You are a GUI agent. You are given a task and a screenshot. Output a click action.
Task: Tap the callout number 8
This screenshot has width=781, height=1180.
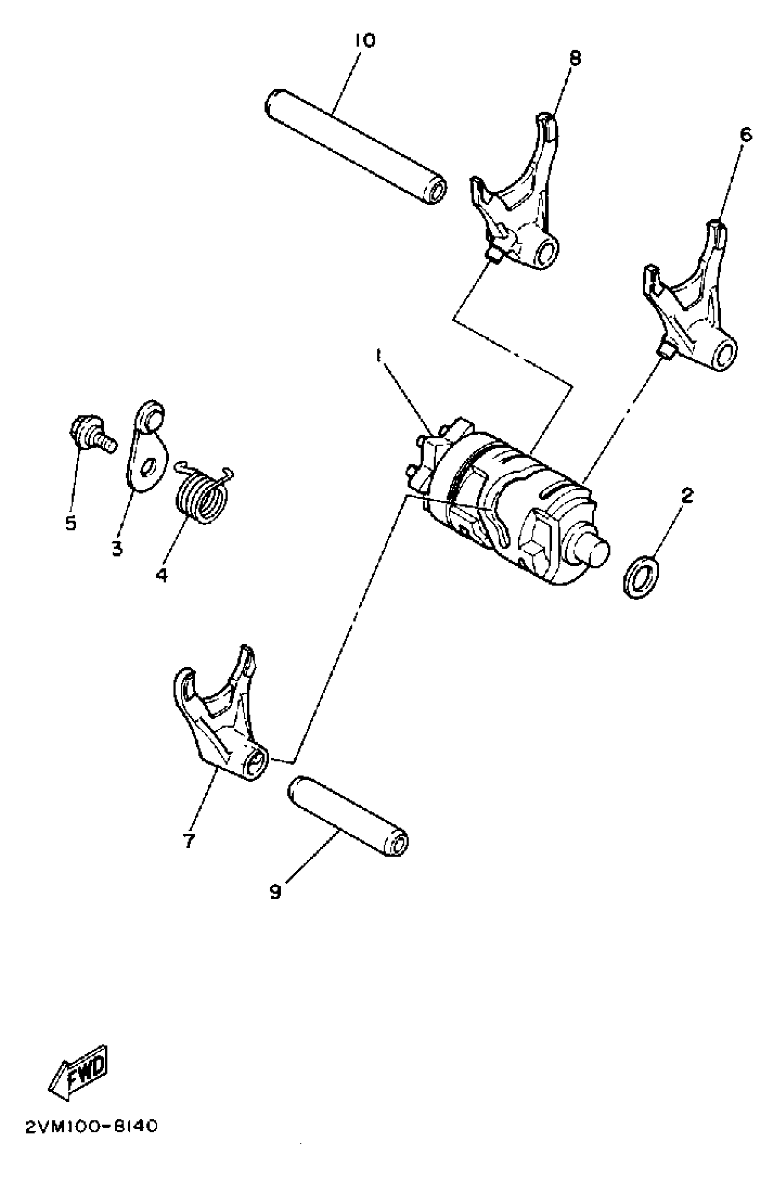575,59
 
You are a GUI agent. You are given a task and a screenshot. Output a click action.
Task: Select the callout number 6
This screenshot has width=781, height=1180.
746,135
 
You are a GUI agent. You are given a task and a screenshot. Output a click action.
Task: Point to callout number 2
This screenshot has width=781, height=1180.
687,496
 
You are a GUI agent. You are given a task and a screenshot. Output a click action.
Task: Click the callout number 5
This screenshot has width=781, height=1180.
71,523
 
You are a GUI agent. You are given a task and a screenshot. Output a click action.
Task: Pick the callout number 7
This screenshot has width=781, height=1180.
189,841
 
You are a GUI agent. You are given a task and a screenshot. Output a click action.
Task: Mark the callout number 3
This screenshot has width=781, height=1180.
117,549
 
